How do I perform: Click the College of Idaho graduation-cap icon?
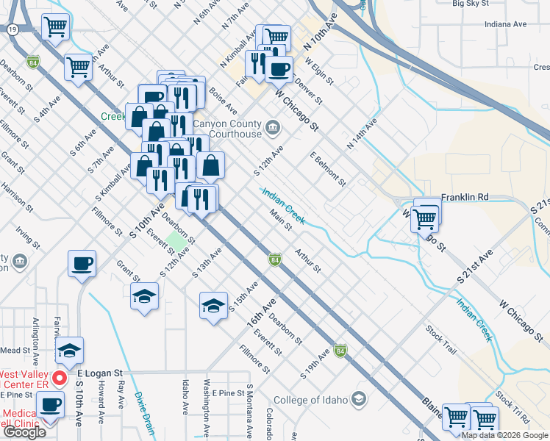point(359,399)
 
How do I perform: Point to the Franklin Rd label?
point(465,198)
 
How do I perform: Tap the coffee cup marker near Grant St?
point(82,263)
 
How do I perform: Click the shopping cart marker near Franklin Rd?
point(425,218)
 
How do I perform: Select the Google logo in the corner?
point(24,432)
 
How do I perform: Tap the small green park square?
point(175,240)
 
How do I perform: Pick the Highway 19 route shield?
point(13,29)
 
